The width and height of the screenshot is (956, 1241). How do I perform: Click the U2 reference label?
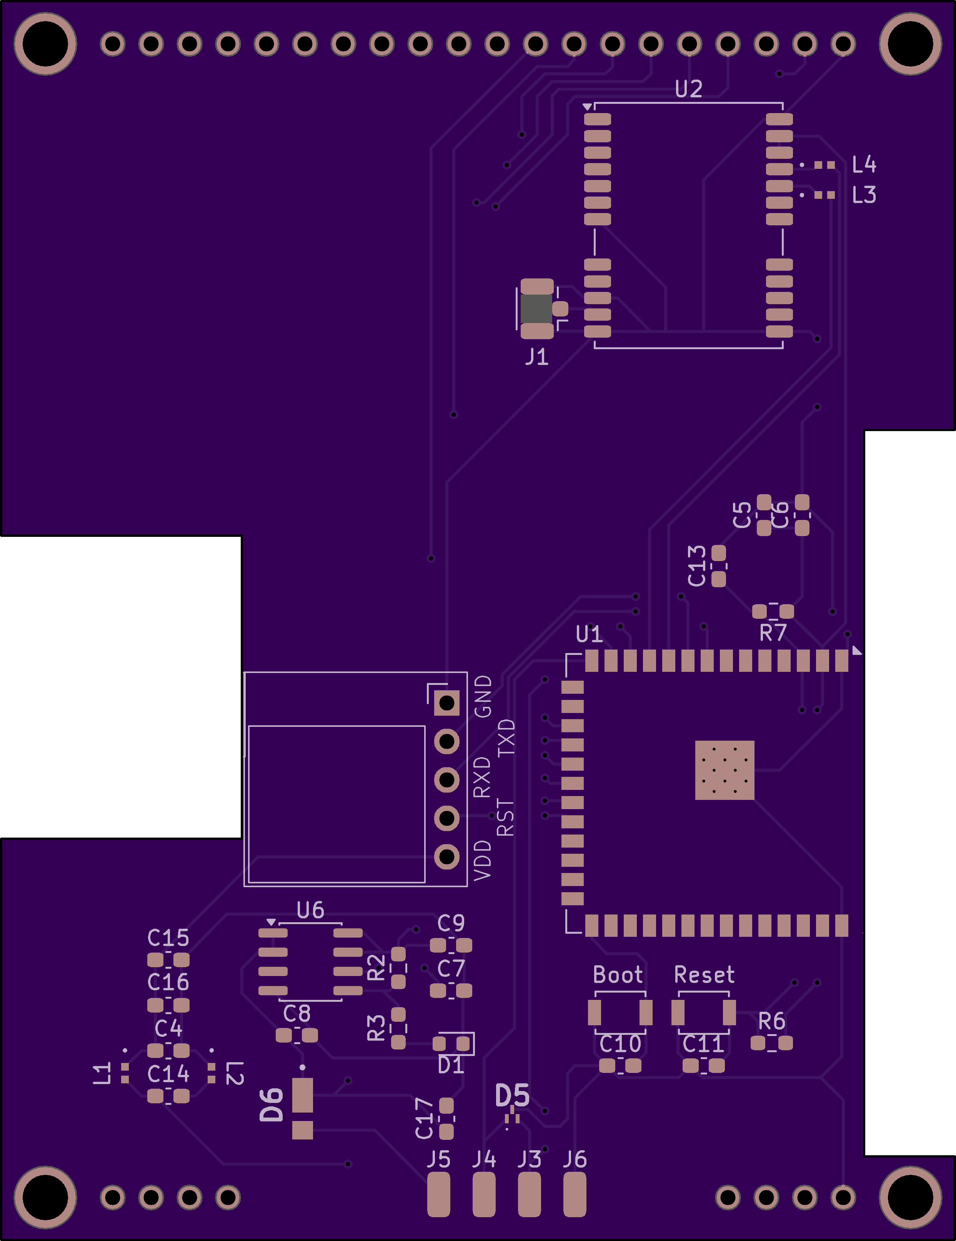pos(688,89)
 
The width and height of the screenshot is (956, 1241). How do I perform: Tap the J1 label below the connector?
pos(536,357)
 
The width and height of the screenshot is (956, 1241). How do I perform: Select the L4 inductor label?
pos(864,165)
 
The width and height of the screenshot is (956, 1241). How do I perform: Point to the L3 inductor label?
pos(864,195)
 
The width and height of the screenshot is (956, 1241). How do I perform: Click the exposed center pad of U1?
pos(724,770)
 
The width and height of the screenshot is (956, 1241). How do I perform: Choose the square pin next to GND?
pos(447,703)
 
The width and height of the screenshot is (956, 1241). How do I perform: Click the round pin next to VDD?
pos(447,857)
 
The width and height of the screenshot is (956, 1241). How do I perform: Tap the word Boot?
pos(618,975)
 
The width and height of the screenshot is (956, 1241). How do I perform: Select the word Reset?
pos(704,975)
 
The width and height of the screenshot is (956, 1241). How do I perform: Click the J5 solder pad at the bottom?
pos(438,1196)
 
